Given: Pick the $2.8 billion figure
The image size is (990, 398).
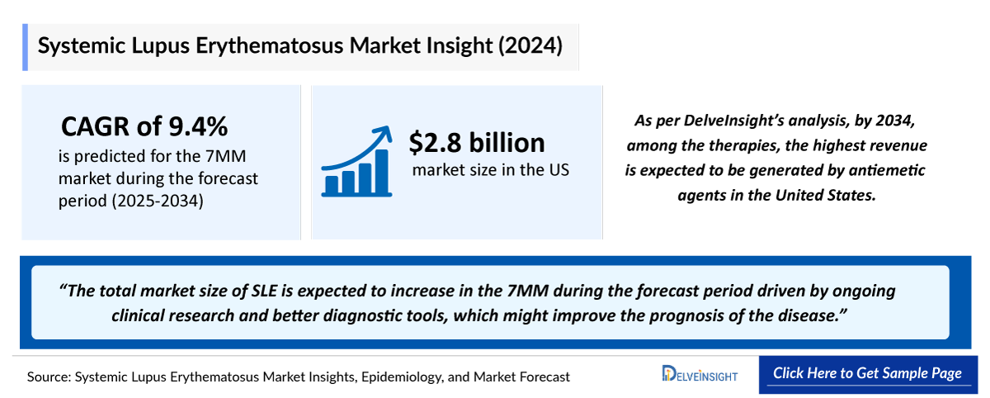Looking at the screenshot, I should click(x=477, y=142).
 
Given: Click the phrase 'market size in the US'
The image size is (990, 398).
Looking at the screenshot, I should click(x=490, y=171).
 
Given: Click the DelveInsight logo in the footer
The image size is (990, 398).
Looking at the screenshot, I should click(x=700, y=375).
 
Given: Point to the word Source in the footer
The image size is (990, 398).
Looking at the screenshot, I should click(x=48, y=377).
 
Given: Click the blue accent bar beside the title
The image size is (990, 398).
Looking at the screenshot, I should click(x=26, y=47).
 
